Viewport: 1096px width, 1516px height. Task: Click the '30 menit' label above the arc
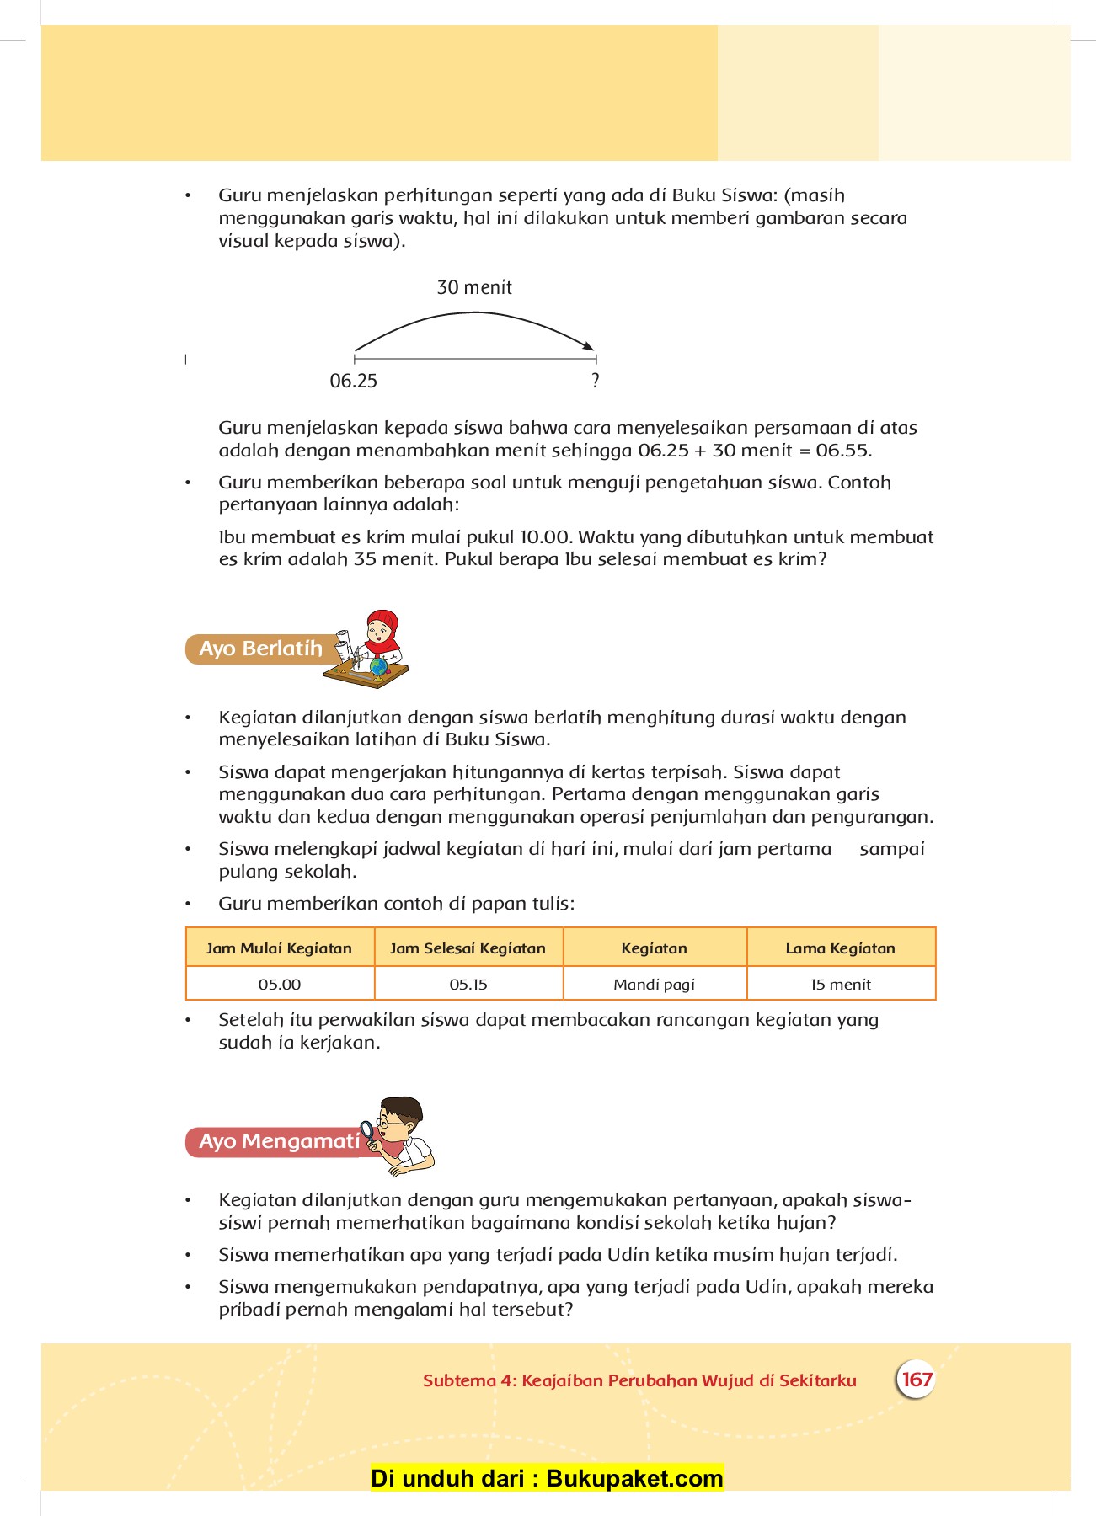tap(474, 288)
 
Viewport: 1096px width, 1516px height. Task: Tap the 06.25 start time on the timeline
tap(354, 382)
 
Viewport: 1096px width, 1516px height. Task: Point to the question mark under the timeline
tap(596, 381)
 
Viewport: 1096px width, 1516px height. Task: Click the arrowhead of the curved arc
tap(589, 346)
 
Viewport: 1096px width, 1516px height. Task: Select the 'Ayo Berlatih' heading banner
tap(260, 649)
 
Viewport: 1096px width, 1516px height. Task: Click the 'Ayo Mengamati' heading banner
tap(279, 1141)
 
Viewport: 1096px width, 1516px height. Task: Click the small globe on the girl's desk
tap(378, 667)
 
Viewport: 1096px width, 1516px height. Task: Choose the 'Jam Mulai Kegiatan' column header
tap(279, 948)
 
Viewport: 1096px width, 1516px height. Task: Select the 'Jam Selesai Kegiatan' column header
tap(468, 948)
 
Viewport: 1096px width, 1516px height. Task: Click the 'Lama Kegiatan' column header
tap(840, 948)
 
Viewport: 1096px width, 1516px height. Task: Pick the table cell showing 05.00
tap(280, 985)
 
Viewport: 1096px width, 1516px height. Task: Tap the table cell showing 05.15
tap(468, 985)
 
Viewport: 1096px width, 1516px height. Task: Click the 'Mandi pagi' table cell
tap(655, 985)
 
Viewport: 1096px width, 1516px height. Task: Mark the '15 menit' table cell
tap(841, 985)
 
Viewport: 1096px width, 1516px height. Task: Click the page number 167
tap(917, 1380)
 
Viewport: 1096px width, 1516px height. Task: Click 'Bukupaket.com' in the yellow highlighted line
tap(634, 1478)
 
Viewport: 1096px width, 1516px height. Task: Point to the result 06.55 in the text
tap(842, 451)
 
